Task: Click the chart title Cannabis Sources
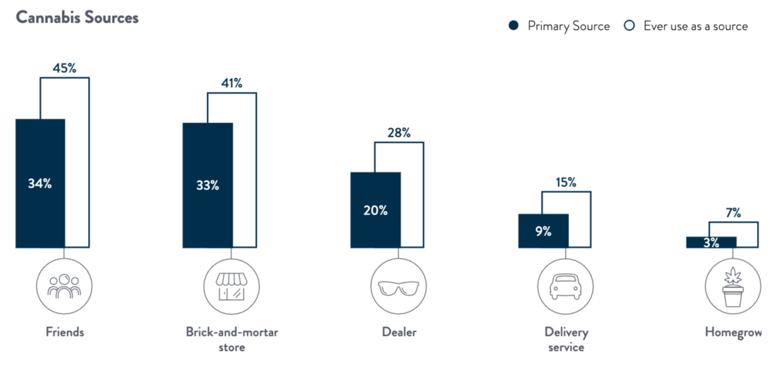point(77,18)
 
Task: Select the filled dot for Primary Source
point(514,26)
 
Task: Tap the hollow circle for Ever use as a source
point(630,26)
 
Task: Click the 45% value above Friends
point(64,69)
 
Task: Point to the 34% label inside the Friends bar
point(40,184)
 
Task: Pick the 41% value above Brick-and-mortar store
point(232,84)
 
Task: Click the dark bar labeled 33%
point(208,185)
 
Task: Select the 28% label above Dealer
point(399,133)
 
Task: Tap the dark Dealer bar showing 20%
point(376,210)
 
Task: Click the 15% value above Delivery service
point(566,183)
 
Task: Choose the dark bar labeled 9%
point(543,232)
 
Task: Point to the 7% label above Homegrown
point(733,213)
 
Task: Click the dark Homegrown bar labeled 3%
point(711,242)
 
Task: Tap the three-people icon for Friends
point(64,286)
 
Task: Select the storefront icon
point(232,286)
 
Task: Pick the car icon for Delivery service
point(566,287)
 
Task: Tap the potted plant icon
point(733,287)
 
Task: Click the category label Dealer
point(399,332)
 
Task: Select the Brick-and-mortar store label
point(232,339)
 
